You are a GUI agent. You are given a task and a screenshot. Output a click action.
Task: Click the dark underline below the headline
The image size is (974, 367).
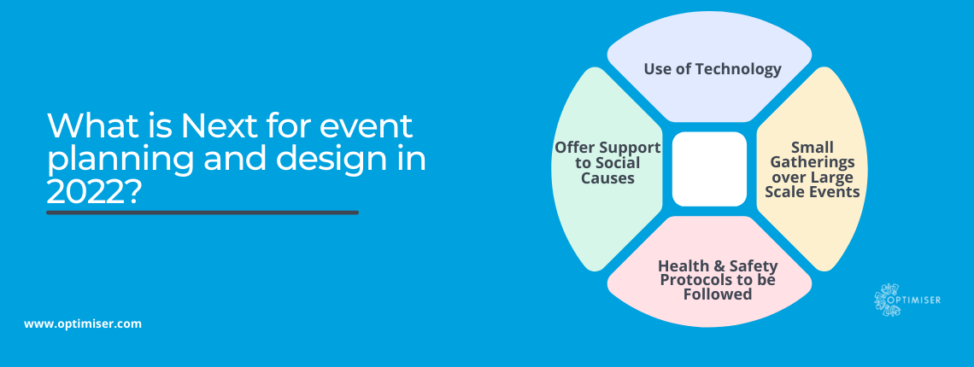click(202, 213)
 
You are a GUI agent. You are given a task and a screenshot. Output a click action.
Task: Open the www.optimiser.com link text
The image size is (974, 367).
click(83, 323)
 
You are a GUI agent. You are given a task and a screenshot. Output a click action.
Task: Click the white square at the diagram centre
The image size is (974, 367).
click(709, 169)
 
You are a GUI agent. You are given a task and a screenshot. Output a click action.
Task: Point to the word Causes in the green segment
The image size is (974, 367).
click(607, 178)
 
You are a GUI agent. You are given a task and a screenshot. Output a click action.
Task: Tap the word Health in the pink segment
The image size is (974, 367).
click(681, 265)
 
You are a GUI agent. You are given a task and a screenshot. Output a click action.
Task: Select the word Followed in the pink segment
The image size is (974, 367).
click(718, 294)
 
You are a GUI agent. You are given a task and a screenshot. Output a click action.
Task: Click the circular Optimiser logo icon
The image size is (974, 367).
click(887, 300)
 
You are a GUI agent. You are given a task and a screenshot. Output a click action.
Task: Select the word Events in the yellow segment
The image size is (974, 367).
click(836, 192)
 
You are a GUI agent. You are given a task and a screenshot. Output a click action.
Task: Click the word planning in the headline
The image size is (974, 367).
click(120, 160)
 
